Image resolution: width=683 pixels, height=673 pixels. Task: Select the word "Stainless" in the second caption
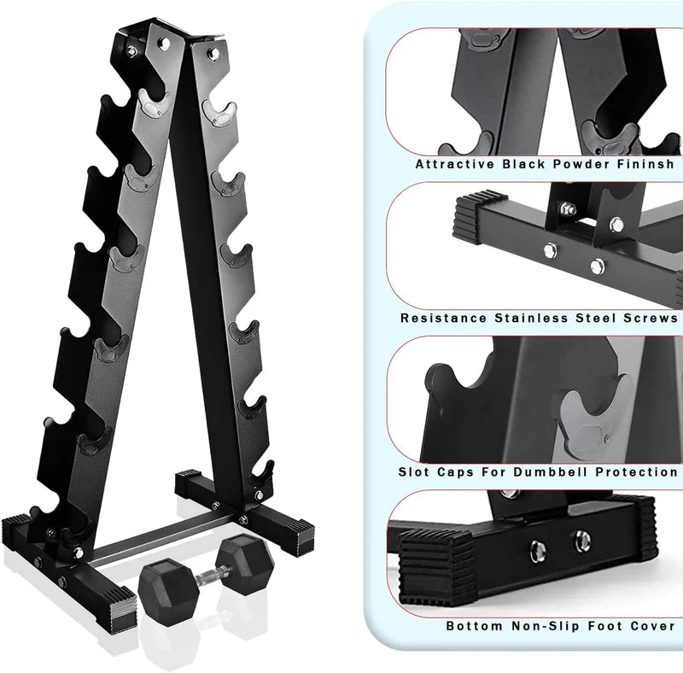(x=531, y=319)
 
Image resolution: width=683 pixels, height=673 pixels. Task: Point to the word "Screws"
(x=650, y=319)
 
